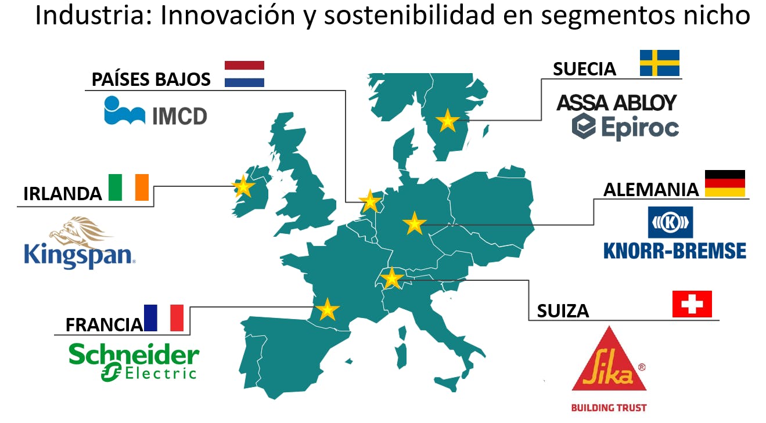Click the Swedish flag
coord(659,63)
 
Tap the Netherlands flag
coord(244,74)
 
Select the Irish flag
coord(128,187)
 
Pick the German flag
coord(725,183)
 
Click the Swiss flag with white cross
coord(692,303)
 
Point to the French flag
coord(163,318)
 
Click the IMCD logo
coord(156,111)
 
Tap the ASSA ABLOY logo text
coord(616,103)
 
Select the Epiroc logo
coord(625,126)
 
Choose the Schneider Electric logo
coord(134,362)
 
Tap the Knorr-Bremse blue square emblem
coord(670,222)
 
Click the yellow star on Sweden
coord(447,121)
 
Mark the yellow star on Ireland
coord(243,187)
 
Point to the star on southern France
coord(328,309)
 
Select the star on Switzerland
coord(392,278)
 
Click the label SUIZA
coord(563,311)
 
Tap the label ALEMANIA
coord(651,190)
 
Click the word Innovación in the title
coord(228,15)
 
